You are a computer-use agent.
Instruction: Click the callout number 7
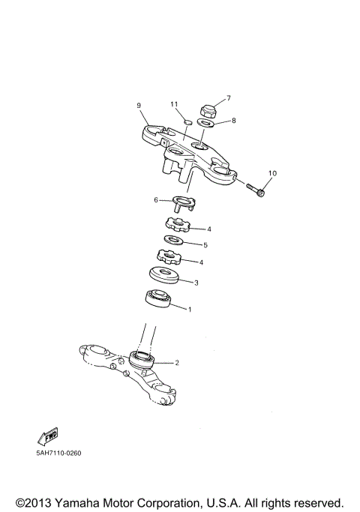tap(229, 98)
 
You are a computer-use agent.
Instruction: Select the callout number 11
tap(173, 104)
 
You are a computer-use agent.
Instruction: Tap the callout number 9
tap(139, 106)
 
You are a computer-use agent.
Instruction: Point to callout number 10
tap(272, 174)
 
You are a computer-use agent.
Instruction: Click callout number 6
tap(156, 200)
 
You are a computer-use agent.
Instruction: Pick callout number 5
tap(205, 244)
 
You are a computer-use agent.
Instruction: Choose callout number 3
tap(196, 283)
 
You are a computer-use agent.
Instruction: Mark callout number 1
tap(190, 309)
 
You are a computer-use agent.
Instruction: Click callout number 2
tap(177, 363)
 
